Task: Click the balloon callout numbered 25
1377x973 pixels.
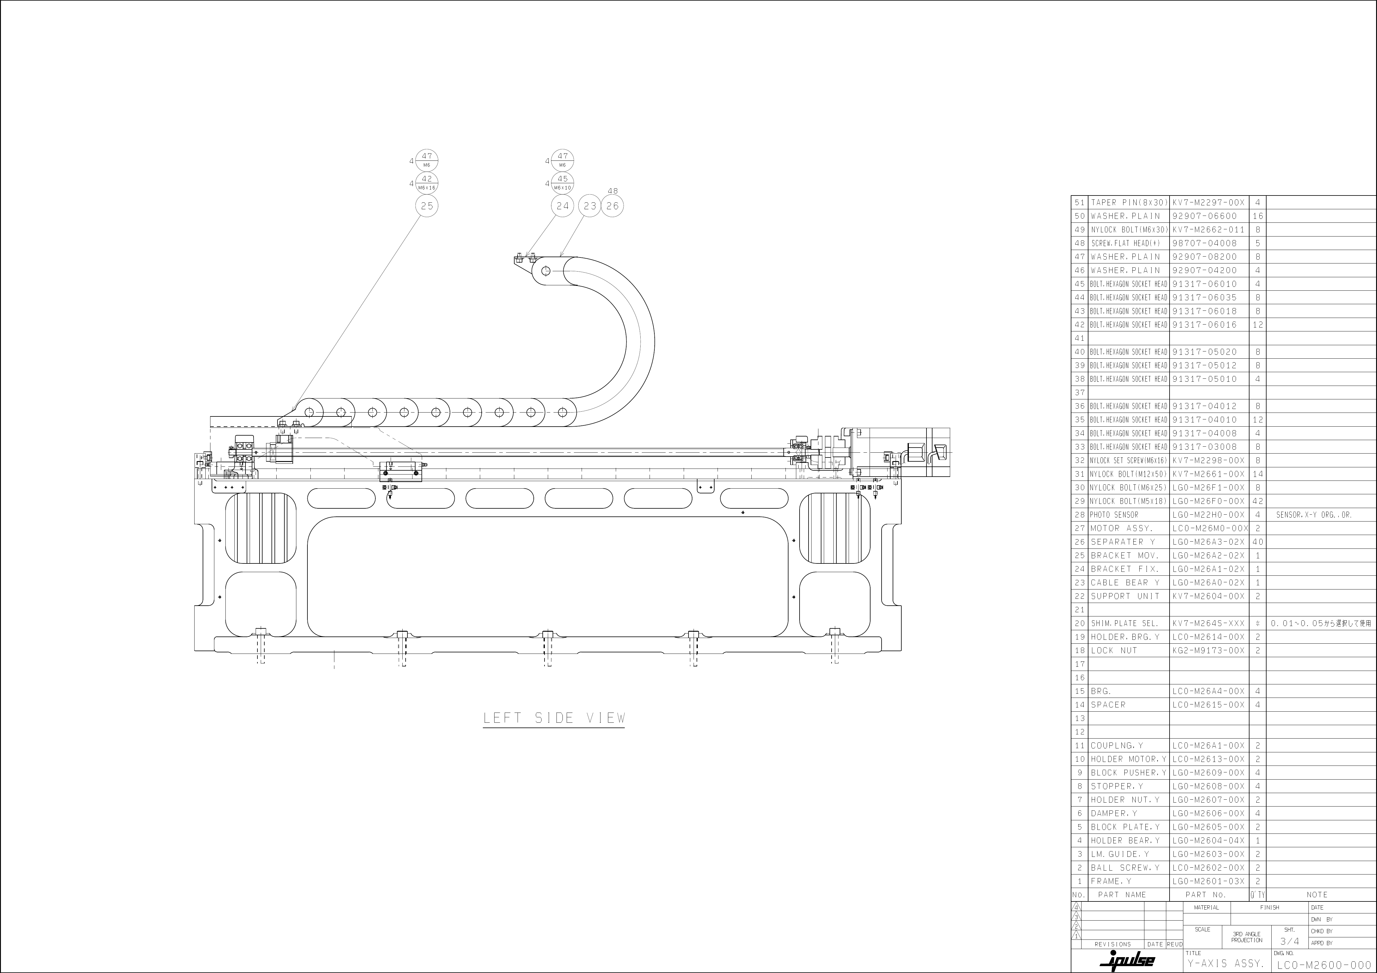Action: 426,206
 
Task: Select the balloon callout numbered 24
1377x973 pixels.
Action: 562,206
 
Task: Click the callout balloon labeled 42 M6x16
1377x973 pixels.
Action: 426,182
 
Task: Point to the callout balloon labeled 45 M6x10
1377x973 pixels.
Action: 562,182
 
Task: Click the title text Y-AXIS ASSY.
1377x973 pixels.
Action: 1225,963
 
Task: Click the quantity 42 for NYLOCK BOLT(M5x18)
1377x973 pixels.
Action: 1258,501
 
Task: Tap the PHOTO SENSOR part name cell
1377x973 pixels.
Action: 1114,515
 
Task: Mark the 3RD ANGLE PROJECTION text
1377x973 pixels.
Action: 1247,937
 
